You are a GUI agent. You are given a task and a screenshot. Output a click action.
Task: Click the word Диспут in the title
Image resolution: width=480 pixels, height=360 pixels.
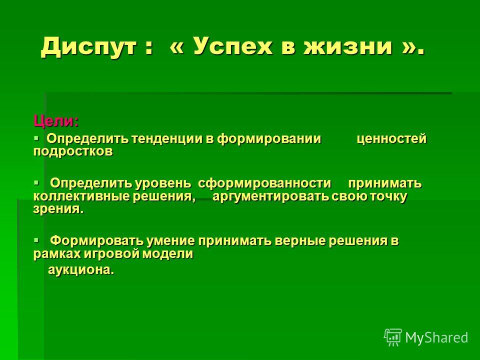point(89,47)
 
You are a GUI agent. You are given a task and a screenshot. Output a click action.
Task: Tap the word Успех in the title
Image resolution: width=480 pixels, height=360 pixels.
point(232,46)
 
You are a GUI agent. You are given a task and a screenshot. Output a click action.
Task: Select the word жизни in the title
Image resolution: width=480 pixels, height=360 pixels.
point(348,46)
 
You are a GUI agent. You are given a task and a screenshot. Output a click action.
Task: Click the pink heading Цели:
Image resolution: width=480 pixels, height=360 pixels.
point(56,121)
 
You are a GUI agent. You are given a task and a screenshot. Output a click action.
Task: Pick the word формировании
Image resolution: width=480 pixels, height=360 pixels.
point(269,139)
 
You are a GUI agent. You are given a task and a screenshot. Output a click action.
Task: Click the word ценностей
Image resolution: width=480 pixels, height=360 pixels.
point(392,139)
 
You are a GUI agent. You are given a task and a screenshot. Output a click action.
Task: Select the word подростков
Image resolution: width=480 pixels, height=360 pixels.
point(73,151)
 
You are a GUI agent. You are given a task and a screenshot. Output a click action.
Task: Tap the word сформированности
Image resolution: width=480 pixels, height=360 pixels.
point(264,183)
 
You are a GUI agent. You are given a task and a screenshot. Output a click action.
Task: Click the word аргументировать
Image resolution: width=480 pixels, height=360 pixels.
point(270,197)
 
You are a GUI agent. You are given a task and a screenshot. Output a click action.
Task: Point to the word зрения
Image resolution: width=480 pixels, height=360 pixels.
point(58,209)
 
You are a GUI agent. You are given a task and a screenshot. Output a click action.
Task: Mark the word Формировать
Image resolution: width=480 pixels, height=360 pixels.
point(96,241)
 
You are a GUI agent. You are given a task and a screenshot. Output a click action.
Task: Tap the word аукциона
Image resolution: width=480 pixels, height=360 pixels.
point(81,270)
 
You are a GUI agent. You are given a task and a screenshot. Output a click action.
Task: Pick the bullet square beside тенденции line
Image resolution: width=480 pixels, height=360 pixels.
point(36,138)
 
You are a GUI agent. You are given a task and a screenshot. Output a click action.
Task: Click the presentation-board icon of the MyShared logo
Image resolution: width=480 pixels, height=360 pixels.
point(393,337)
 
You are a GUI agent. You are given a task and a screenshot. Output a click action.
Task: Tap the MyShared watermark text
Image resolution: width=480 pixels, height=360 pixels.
point(436,337)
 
